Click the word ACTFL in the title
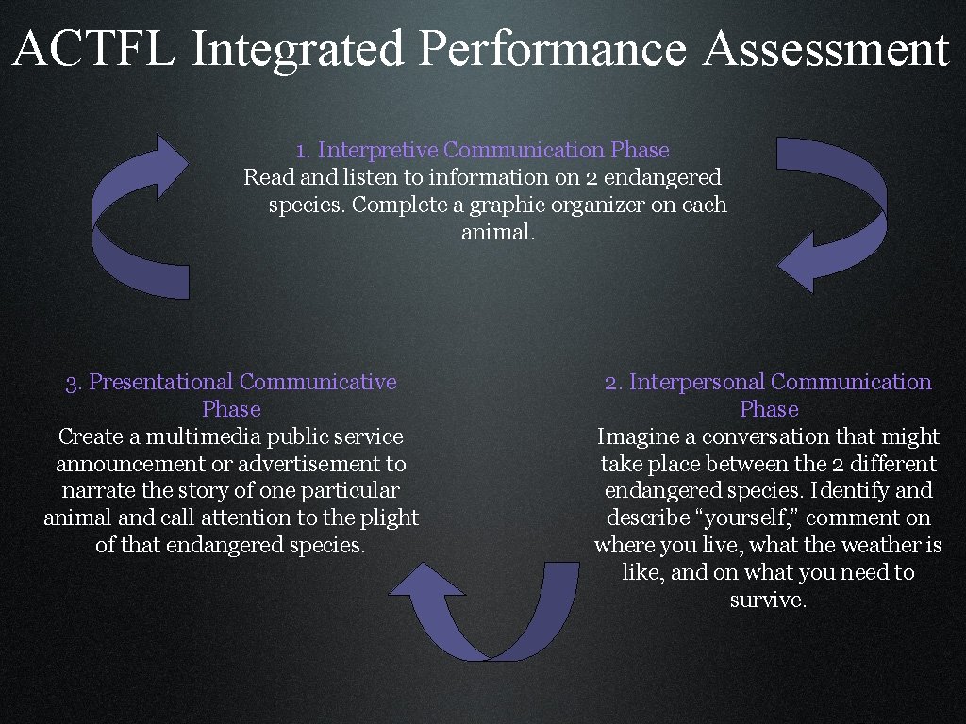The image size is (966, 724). pos(94,49)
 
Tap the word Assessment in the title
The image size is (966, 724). pos(826,49)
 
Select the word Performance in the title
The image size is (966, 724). pos(554,49)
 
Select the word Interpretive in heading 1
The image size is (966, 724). pos(377,150)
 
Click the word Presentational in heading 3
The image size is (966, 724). pos(160,382)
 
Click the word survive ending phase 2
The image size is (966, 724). pos(768,600)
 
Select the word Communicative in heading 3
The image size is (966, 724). pos(318,382)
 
